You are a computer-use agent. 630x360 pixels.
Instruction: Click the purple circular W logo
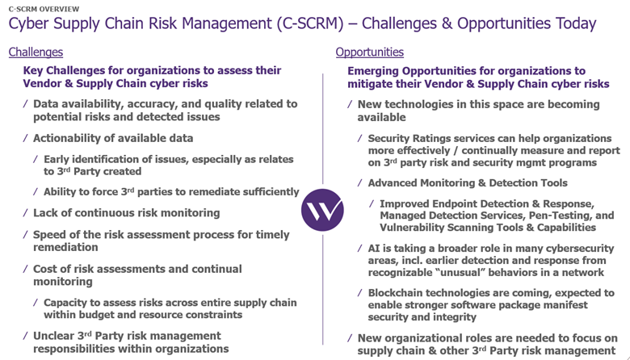(x=322, y=210)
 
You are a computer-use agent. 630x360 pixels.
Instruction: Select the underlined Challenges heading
(x=36, y=52)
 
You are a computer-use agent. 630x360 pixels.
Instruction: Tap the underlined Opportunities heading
(x=370, y=52)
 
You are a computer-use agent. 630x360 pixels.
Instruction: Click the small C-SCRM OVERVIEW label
(x=44, y=9)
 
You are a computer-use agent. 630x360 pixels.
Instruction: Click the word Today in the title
(x=576, y=23)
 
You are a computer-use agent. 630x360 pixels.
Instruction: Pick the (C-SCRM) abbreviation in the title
(x=310, y=23)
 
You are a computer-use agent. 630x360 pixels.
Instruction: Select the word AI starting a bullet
(x=374, y=249)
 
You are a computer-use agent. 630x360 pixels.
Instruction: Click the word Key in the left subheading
(x=33, y=71)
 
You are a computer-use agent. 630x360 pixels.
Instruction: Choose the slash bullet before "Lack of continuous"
(x=25, y=213)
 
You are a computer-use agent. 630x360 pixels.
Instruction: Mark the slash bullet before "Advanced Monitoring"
(x=360, y=183)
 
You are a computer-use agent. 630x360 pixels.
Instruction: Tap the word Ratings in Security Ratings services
(x=428, y=139)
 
